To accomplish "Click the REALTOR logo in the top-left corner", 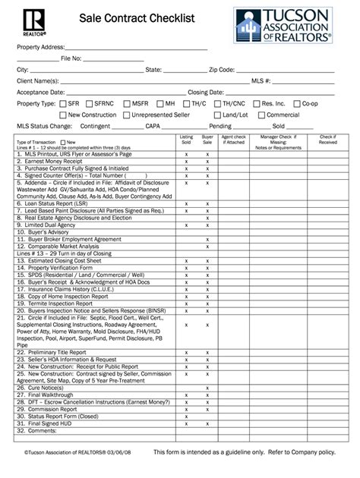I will click(27, 23).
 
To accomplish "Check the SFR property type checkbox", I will click(62, 102).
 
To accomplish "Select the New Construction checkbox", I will click(62, 115).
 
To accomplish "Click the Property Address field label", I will click(41, 47).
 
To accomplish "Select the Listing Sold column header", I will click(186, 140).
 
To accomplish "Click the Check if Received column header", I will click(327, 140).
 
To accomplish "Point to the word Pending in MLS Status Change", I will click(219, 127).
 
